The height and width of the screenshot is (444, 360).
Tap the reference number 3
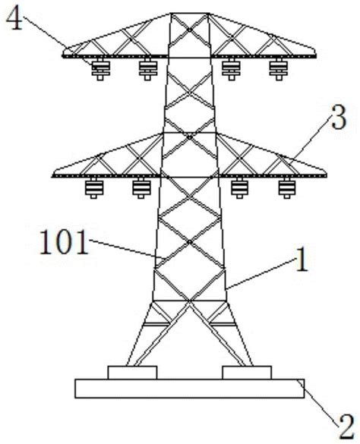click(339, 117)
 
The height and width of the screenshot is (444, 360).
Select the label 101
click(64, 242)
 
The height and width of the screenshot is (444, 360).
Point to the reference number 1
click(302, 260)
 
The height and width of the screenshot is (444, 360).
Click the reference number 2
click(346, 427)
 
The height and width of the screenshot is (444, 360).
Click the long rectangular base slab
click(190, 389)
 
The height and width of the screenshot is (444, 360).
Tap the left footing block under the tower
click(132, 373)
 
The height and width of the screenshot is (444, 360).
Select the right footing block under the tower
click(247, 373)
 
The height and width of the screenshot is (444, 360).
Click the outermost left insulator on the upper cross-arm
click(100, 69)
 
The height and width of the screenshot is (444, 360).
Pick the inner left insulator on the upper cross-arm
click(147, 69)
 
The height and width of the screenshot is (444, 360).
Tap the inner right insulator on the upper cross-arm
click(232, 69)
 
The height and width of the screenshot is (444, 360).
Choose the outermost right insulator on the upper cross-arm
click(279, 69)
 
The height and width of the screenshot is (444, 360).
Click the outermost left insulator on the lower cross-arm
click(94, 188)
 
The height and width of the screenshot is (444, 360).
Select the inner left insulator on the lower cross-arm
click(141, 188)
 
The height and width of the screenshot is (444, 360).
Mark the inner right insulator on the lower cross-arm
click(239, 188)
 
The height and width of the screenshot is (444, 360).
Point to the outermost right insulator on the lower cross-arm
click(287, 188)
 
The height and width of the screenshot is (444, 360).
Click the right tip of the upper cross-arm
click(316, 55)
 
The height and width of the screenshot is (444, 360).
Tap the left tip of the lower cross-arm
click(52, 175)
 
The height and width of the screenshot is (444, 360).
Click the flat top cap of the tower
click(190, 14)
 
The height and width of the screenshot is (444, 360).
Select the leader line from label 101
click(127, 249)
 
